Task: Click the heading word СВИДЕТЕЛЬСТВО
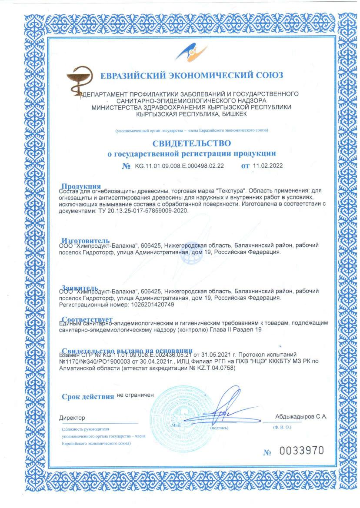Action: click(x=191, y=143)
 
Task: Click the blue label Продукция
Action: click(x=81, y=187)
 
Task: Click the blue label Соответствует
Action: click(x=87, y=320)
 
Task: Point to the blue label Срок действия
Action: click(x=88, y=396)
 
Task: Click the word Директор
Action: click(x=72, y=418)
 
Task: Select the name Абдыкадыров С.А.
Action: click(x=301, y=416)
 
